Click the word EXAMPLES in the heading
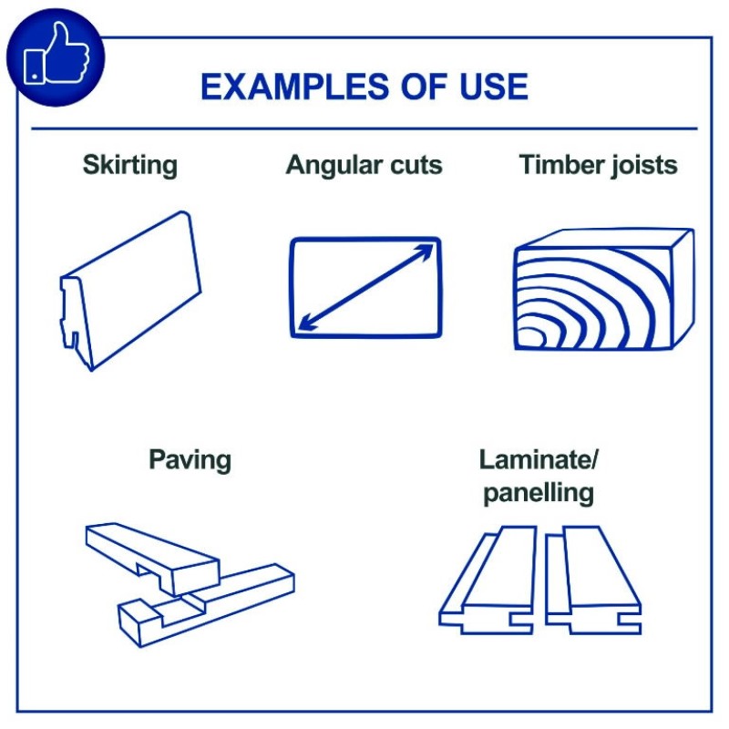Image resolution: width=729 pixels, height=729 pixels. [294, 87]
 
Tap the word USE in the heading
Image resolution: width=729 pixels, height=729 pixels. [494, 87]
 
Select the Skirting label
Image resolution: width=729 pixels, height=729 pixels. [130, 165]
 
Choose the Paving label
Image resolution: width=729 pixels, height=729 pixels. [190, 460]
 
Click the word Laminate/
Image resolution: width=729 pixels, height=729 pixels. [539, 460]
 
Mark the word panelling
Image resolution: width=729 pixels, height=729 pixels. [539, 493]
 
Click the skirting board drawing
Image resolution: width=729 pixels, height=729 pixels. [130, 291]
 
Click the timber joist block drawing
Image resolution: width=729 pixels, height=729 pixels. [604, 289]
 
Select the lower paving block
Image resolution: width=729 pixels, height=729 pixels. [207, 604]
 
